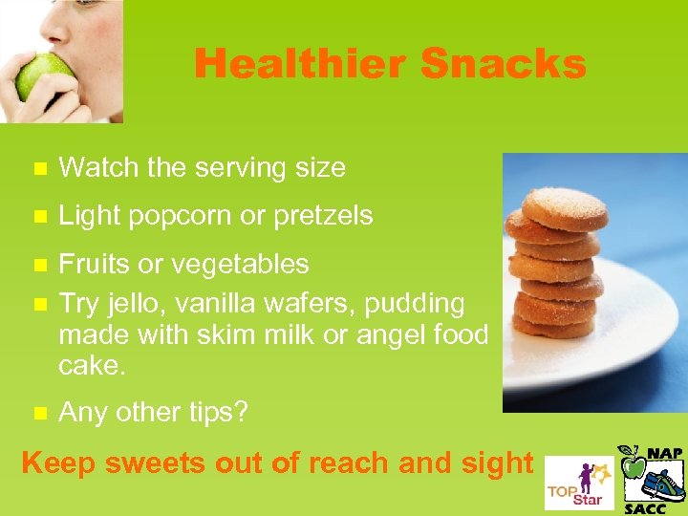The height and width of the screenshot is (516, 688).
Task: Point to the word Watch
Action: click(x=97, y=168)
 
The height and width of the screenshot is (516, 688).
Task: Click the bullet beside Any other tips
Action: click(x=38, y=413)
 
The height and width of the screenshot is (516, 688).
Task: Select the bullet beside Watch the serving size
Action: click(x=38, y=169)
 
